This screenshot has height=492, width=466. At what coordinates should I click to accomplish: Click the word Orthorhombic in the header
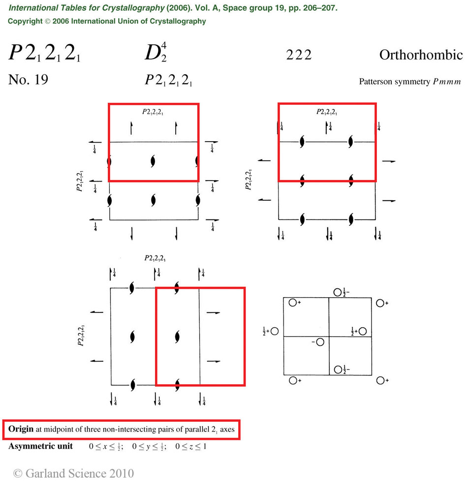click(421, 55)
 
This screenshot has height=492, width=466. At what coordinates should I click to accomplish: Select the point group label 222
click(299, 55)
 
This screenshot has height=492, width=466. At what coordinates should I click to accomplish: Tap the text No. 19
click(28, 80)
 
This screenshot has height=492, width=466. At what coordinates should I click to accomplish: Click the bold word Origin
click(21, 429)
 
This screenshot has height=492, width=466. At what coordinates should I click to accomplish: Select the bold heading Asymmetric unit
click(40, 446)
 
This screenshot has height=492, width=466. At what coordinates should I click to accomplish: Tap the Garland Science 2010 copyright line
click(73, 473)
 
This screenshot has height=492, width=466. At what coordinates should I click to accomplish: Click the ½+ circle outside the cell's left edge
click(275, 332)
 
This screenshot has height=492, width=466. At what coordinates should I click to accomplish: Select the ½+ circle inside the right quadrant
click(363, 331)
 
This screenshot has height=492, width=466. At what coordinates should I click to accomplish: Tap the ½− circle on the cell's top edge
click(338, 292)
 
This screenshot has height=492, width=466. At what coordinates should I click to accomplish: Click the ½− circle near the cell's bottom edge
click(338, 369)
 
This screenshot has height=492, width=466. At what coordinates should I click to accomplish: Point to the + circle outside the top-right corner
click(380, 303)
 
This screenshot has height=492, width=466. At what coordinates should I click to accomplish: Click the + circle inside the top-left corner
click(292, 303)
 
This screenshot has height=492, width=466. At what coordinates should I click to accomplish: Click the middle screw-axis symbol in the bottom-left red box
click(178, 337)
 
